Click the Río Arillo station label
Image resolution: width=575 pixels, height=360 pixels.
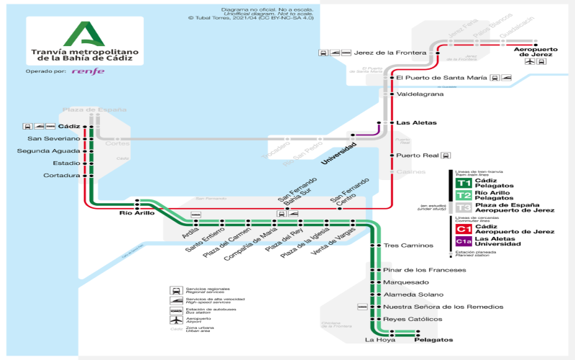[x=137, y=213]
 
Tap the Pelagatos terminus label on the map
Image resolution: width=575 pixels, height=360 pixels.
[x=433, y=339]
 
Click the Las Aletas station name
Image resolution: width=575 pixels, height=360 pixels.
[x=412, y=123]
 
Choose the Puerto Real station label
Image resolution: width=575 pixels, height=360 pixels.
[x=416, y=156]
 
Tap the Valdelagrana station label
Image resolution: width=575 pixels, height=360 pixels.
[x=420, y=94]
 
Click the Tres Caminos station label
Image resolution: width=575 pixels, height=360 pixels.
[x=408, y=246]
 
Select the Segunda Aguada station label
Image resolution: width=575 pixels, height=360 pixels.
[x=49, y=150]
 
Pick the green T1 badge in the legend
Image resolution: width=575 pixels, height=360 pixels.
[x=463, y=183]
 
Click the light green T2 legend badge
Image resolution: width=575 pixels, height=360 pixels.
[x=463, y=195]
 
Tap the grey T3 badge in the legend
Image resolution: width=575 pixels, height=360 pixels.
[x=463, y=207]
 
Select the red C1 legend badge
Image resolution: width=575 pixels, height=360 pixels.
[x=463, y=229]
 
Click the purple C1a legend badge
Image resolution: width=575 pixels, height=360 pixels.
[x=463, y=241]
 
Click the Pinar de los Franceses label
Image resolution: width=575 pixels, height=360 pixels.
[x=424, y=270]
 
